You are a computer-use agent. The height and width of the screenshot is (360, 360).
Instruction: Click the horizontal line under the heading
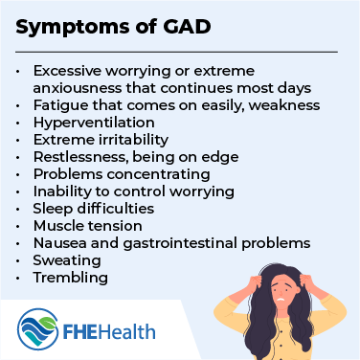click(x=178, y=51)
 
